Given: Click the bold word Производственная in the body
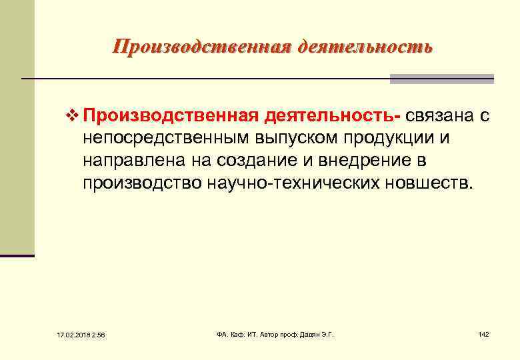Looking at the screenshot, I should [170, 117].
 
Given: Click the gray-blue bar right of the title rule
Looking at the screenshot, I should [441, 79].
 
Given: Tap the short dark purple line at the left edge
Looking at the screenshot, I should [17, 255].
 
